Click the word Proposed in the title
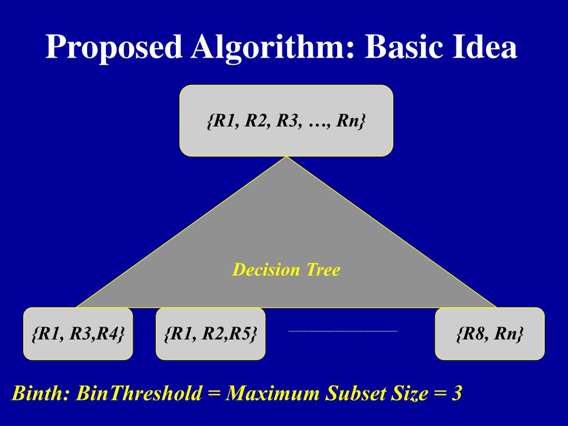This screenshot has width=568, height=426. pos(114,47)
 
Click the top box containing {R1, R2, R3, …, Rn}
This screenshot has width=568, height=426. pos(286,120)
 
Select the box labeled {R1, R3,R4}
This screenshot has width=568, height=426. pos(78,334)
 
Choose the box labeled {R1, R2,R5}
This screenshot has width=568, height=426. pos(211,334)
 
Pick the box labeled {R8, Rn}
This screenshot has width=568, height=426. pos(490,334)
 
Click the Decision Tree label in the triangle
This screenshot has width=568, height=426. pos(286,270)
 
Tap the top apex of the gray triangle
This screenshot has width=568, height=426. pos(286,158)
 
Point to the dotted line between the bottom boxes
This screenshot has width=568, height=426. pos(343,331)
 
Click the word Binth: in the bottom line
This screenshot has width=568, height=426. pos(41,393)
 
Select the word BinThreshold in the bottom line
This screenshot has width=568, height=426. pos(139,393)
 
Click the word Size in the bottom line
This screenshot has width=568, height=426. pos(409,393)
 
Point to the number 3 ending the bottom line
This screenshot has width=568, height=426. pos(457,393)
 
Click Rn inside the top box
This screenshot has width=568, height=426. pos(349,121)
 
